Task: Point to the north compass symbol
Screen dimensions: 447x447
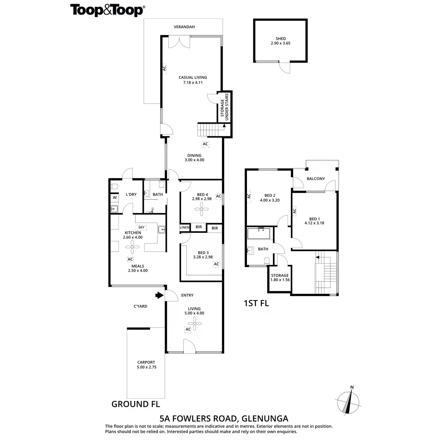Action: pyautogui.click(x=349, y=403)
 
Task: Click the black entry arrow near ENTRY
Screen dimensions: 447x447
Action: pyautogui.click(x=159, y=295)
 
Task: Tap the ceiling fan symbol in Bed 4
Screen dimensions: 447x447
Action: pyautogui.click(x=202, y=211)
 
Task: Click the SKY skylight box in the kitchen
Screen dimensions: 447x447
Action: pyautogui.click(x=141, y=227)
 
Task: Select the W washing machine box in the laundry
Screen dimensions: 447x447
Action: pyautogui.click(x=115, y=197)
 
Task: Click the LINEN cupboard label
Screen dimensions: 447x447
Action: pyautogui.click(x=185, y=227)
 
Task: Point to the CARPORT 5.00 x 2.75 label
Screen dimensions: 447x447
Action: pyautogui.click(x=146, y=365)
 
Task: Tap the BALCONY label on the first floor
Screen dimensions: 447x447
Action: pyautogui.click(x=316, y=179)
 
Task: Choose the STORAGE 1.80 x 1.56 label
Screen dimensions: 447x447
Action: pyautogui.click(x=280, y=278)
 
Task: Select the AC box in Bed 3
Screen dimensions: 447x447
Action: pyautogui.click(x=216, y=264)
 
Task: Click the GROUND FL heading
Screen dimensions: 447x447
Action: pyautogui.click(x=136, y=404)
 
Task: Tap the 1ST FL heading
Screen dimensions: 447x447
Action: pyautogui.click(x=256, y=303)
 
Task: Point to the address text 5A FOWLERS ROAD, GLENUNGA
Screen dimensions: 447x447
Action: pyautogui.click(x=223, y=418)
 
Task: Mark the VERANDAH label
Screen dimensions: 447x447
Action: pyautogui.click(x=184, y=27)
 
